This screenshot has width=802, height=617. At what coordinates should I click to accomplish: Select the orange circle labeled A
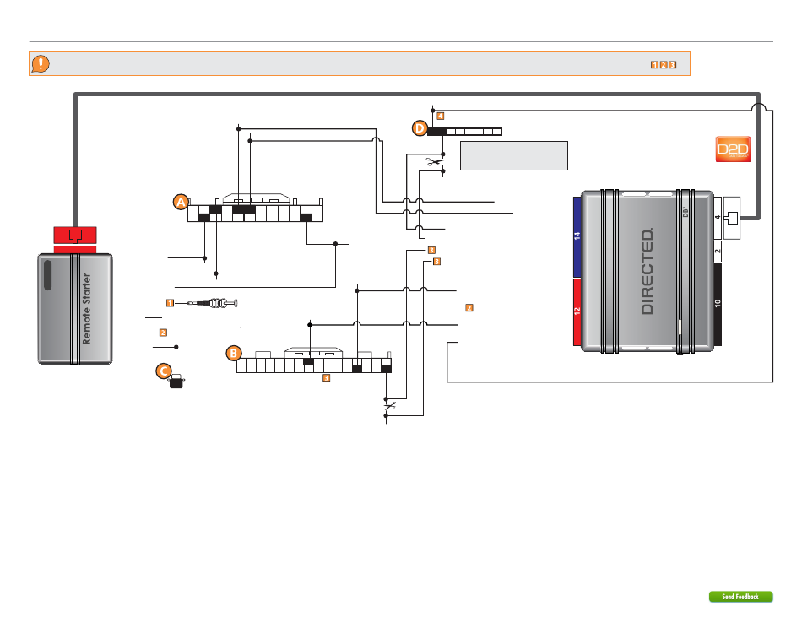click(x=180, y=202)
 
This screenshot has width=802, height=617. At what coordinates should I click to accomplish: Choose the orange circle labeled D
click(x=420, y=128)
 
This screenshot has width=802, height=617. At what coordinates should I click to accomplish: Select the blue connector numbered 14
click(x=578, y=237)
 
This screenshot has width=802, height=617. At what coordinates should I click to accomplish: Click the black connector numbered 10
click(x=718, y=305)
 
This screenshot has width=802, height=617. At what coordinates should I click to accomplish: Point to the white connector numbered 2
click(x=718, y=251)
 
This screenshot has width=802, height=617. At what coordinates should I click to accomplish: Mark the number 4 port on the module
click(x=718, y=218)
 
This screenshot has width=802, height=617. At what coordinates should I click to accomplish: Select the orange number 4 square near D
click(x=440, y=115)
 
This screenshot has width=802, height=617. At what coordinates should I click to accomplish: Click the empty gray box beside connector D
click(x=513, y=155)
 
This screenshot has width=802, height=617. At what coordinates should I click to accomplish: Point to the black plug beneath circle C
click(x=176, y=384)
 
